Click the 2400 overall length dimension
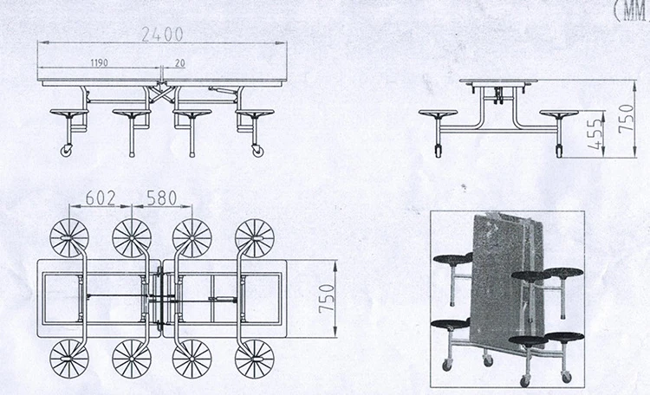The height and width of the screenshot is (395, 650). coord(162,35)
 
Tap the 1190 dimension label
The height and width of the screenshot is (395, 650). coord(99,62)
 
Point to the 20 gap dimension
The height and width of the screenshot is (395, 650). coord(180,63)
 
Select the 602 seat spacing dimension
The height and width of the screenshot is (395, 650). coord(101,198)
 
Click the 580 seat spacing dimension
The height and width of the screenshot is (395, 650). coord(162,198)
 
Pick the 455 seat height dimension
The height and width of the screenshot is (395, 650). coord(595,134)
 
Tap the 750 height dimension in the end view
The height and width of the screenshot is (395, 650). coord(626,119)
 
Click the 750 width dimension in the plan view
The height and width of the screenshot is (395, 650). coord(327,299)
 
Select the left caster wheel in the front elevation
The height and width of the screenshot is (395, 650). coord(67,151)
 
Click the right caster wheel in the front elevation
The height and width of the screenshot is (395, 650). coord(257,151)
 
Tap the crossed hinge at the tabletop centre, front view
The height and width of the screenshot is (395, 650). coord(162,93)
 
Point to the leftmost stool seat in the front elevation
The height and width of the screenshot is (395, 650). coord(68,113)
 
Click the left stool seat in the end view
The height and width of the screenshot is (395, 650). coord(438,113)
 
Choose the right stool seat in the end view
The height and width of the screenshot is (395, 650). coord(559,113)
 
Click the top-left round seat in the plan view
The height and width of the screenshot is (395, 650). coord(69,238)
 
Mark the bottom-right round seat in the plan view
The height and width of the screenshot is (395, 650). coord(255,359)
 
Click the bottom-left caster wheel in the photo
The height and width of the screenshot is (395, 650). coord(446,366)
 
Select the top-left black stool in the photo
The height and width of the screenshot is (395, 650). coord(452,259)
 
